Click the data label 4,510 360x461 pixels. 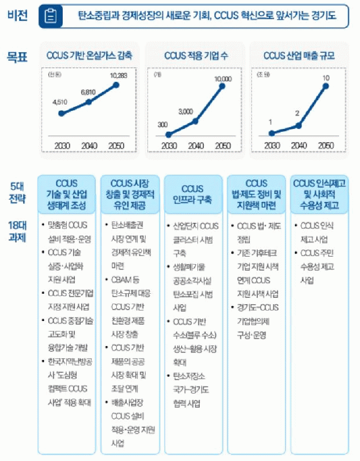[x=60, y=103]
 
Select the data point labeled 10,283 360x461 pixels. [x=116, y=85]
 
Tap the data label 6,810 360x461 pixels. [x=88, y=92]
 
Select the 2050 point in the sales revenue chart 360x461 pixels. [x=326, y=87]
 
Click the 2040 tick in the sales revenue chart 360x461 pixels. [x=298, y=145]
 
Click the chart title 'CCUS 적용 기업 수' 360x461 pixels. [x=195, y=56]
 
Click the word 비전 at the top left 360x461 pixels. [x=17, y=15]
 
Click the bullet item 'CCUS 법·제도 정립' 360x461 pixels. [x=255, y=232]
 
